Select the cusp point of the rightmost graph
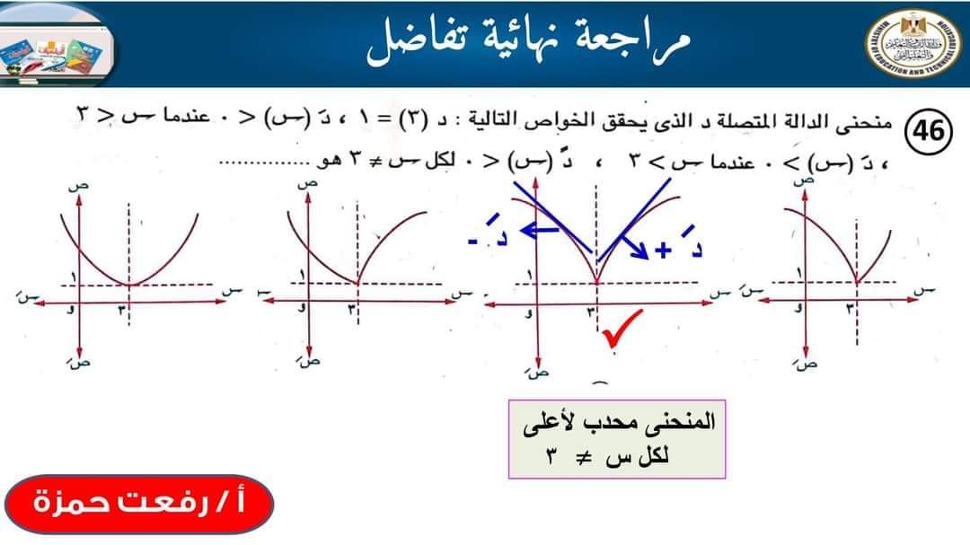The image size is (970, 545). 855,285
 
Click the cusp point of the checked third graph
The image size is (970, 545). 596,284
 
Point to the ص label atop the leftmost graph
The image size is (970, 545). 73,186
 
